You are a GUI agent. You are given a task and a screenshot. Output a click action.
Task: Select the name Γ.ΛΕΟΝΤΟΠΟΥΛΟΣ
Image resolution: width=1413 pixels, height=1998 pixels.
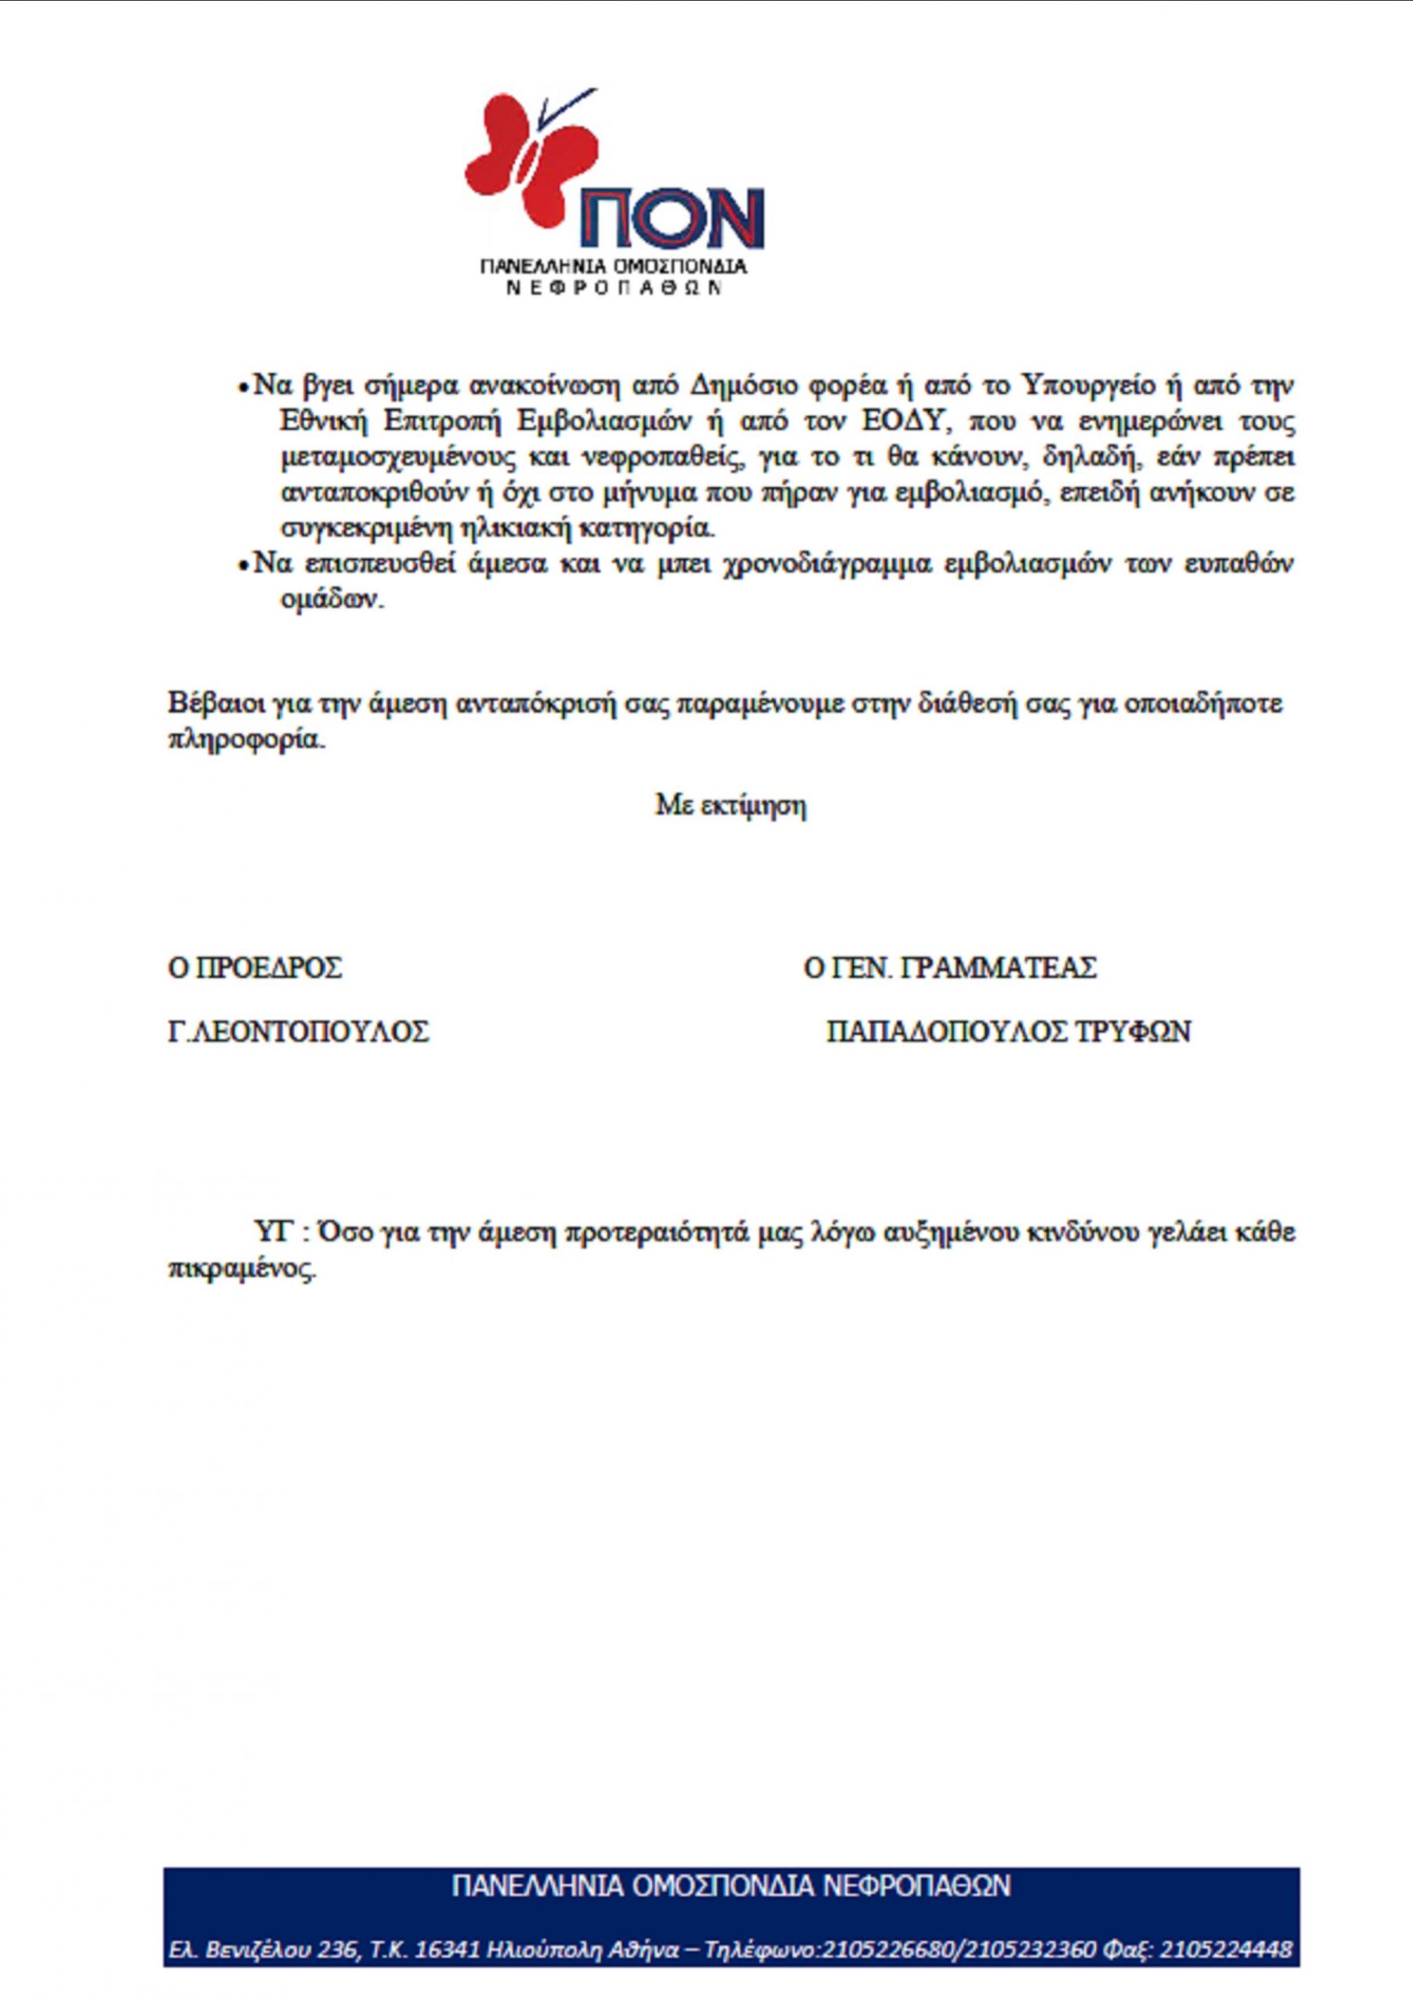tap(299, 1032)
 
